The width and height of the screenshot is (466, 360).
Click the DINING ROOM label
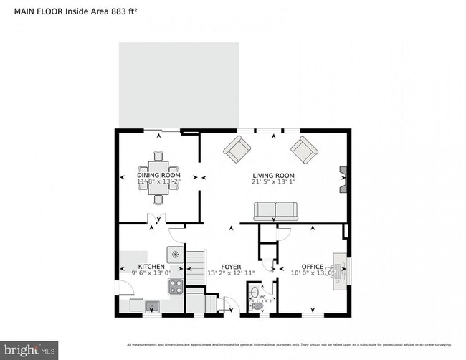point(158,175)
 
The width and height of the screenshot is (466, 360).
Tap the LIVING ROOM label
point(273,175)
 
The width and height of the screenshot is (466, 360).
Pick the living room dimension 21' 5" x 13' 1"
point(273,182)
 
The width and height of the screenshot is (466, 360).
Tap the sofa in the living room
point(276,210)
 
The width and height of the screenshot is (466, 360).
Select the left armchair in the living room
point(237,150)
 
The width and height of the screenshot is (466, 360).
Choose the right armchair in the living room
point(304,150)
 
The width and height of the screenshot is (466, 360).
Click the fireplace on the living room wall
point(343,179)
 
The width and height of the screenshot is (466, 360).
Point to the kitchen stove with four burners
point(175,287)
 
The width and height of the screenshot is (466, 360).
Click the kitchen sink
point(152,306)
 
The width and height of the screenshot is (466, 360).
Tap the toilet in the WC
point(254,296)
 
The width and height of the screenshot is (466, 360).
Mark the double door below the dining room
point(153,220)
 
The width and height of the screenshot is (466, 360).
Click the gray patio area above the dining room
point(179,85)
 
